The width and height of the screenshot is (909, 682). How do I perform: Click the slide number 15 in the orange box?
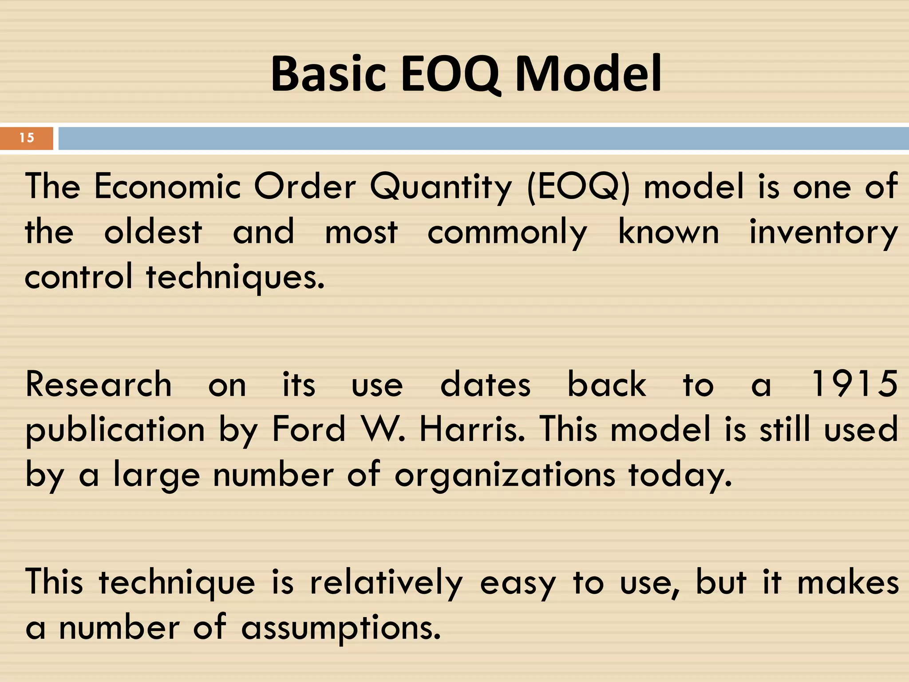click(27, 138)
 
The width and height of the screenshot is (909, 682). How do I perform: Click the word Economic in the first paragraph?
click(167, 186)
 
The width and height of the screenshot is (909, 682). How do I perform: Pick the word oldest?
click(153, 232)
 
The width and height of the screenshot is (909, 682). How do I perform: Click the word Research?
click(99, 385)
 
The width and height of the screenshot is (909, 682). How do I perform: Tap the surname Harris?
click(472, 429)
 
